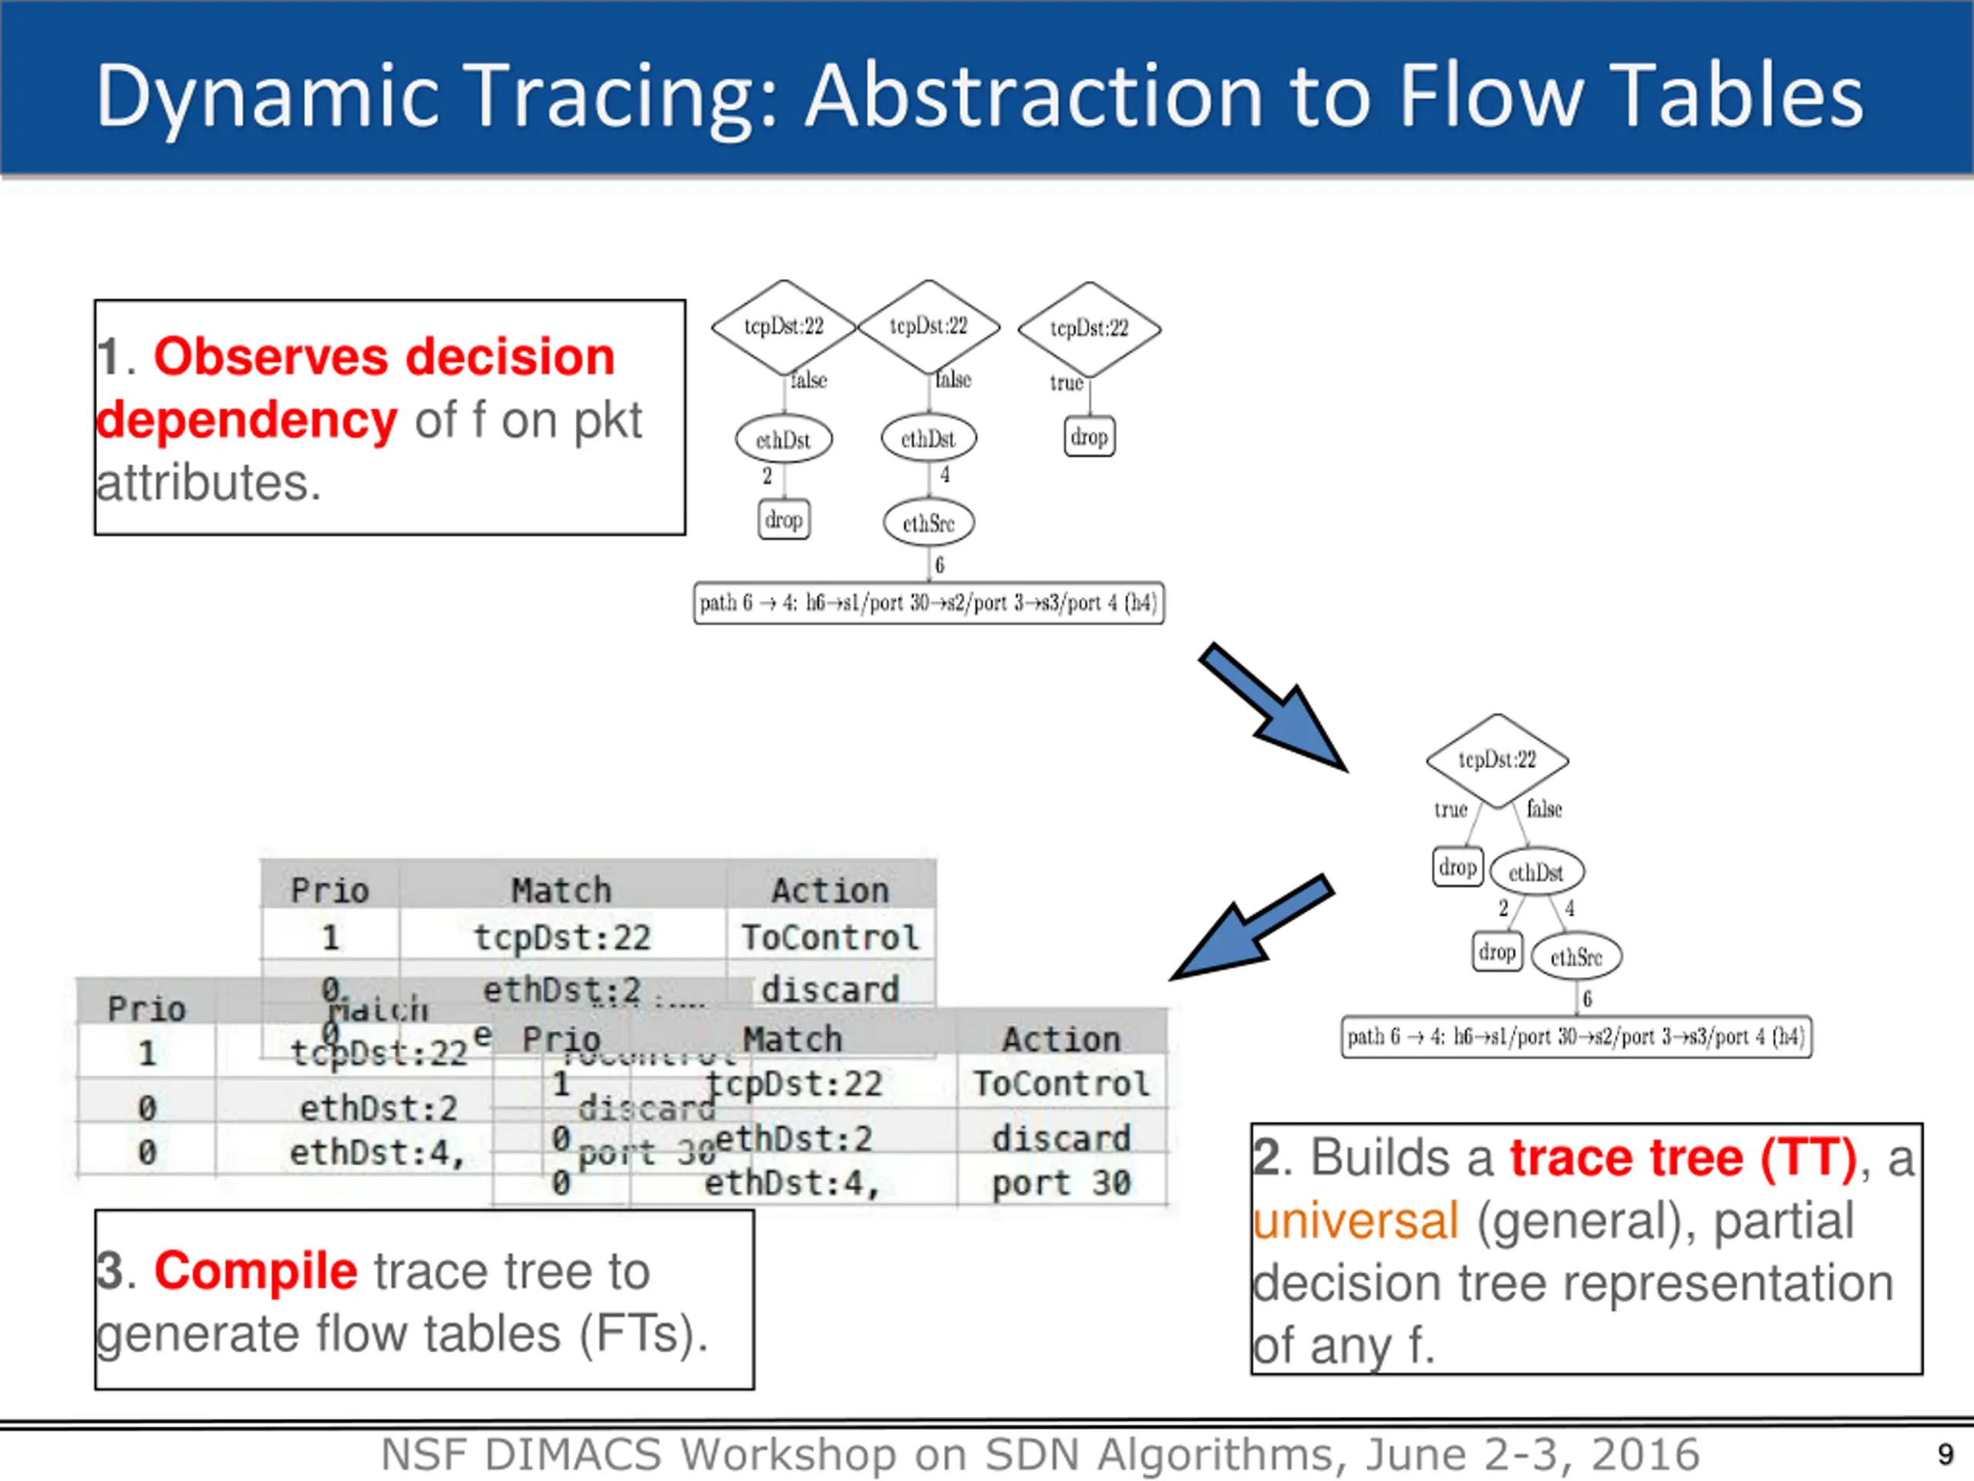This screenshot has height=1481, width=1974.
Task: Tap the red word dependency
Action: [246, 420]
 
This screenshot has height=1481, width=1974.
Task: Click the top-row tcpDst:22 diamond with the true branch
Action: [1089, 329]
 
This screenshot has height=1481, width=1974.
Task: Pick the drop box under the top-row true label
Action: [1089, 437]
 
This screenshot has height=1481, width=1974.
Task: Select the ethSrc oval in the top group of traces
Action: [928, 523]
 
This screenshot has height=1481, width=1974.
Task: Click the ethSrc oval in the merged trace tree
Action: [1576, 957]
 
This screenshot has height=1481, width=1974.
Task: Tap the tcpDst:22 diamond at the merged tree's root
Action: [1497, 760]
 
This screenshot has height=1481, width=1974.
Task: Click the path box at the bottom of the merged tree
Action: [1576, 1037]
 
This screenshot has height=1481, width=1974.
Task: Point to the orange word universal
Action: [1356, 1220]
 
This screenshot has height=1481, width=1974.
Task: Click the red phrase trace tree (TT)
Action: [1683, 1158]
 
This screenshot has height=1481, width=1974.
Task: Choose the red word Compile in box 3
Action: [255, 1270]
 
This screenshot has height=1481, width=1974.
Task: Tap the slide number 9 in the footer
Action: [1945, 1455]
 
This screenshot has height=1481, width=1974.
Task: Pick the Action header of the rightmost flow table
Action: [1060, 1039]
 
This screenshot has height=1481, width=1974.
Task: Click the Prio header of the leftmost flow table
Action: [147, 1009]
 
